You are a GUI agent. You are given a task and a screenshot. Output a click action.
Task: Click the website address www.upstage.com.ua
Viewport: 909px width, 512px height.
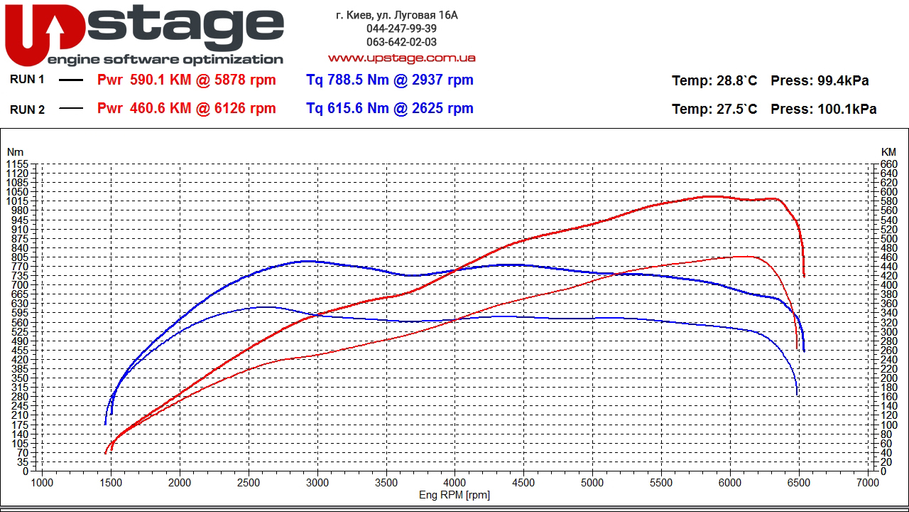tap(401, 58)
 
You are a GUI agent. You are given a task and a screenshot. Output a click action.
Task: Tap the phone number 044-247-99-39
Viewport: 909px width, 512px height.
tap(401, 28)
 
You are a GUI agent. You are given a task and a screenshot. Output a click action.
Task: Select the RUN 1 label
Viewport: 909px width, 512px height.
tap(27, 80)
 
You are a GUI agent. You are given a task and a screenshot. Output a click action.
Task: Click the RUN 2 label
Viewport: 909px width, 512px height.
tap(27, 109)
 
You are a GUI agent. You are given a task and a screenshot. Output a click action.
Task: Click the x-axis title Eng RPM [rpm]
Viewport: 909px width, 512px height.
tap(454, 495)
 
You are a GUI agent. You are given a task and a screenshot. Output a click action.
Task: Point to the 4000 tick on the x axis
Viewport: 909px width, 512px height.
tap(454, 482)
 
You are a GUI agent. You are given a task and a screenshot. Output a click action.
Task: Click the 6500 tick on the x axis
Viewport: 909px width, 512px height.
tap(799, 482)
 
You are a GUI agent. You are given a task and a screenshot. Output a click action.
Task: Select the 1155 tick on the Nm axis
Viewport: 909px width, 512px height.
tap(17, 164)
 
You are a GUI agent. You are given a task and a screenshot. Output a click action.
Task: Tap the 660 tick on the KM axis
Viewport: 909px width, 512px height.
tap(888, 164)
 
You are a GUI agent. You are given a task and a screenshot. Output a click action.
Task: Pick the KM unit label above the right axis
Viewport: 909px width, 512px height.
tap(888, 151)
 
